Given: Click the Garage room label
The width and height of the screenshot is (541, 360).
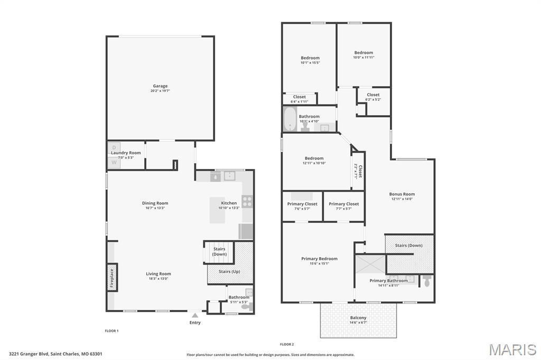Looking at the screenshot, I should coord(160,86).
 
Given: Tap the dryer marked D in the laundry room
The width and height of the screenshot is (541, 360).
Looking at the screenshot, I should coord(114,147).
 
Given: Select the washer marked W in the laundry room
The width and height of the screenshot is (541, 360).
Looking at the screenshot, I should coord(114,163).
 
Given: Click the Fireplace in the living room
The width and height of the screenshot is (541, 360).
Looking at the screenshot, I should coord(112,277).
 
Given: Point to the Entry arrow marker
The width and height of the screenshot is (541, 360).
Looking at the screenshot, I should coord(195,315).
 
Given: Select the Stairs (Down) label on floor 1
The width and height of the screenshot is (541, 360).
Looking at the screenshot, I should coord(219,251).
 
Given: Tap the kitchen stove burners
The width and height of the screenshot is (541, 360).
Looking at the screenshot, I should coord(247,201).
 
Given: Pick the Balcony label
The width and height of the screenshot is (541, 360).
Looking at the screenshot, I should coord(358,318).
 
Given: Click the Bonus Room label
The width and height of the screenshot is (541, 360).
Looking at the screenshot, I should coord(402,194).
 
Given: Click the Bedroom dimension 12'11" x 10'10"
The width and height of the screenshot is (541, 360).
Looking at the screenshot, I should coord(314,163).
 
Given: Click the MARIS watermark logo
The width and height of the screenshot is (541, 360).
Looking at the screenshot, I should coord(512,349).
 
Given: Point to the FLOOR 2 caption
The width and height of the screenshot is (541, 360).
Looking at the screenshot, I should coord(287,344).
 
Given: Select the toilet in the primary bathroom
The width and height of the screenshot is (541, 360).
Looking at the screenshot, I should coord(427,281).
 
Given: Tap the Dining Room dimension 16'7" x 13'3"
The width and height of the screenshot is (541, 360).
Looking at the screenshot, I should coord(155,208).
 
